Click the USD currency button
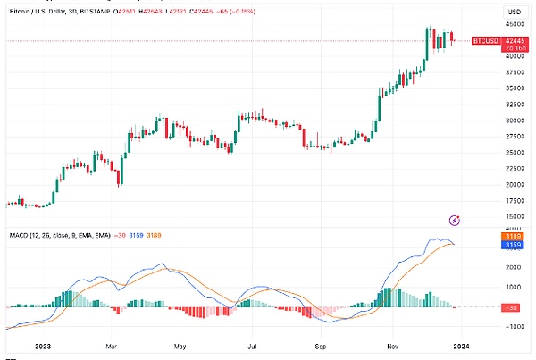[514, 10]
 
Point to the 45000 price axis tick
[514, 24]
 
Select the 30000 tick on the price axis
[514, 121]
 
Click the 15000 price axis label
[514, 216]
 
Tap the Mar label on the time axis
[111, 344]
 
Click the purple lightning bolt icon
[454, 220]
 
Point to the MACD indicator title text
[58, 234]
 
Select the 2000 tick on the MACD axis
[514, 267]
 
